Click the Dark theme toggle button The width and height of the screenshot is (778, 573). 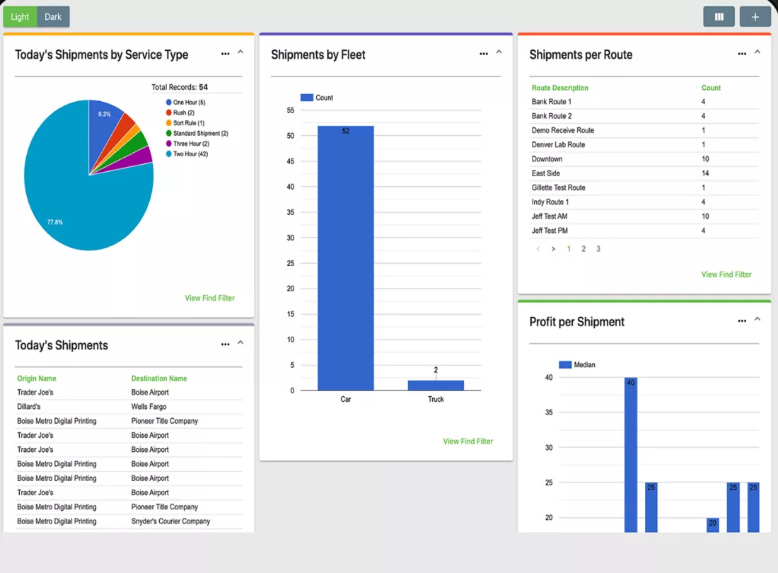tap(53, 17)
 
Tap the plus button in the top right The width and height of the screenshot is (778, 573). tap(755, 17)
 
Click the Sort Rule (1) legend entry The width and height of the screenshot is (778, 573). tap(185, 123)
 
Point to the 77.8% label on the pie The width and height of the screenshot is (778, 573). tap(55, 222)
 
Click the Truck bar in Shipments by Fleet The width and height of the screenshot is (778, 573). tap(436, 386)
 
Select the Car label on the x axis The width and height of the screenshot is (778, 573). tap(346, 400)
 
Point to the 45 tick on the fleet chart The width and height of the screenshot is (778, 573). tap(290, 161)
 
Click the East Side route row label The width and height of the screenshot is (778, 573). tap(546, 173)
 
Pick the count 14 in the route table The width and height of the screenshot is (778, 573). tap(705, 173)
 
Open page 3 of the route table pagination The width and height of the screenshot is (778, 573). tap(598, 249)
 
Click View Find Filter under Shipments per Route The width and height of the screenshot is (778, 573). tap(726, 274)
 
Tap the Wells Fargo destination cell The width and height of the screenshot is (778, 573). tap(149, 407)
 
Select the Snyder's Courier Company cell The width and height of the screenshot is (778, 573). tap(170, 521)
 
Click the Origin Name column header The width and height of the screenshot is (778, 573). tap(37, 378)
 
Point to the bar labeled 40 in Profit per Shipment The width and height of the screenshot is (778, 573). tap(631, 455)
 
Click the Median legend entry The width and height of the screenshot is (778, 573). tap(577, 364)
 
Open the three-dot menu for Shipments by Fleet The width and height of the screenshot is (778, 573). tap(484, 54)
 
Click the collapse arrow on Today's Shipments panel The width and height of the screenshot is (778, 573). tap(240, 342)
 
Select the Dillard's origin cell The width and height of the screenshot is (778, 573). tap(29, 407)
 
